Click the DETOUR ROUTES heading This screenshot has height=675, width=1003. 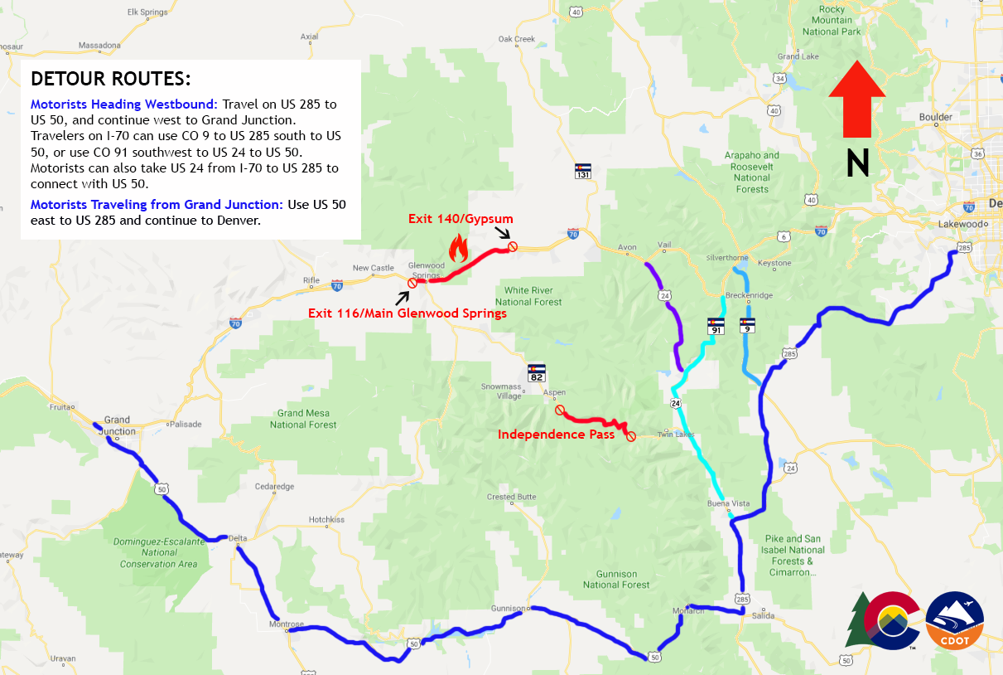pyautogui.click(x=110, y=80)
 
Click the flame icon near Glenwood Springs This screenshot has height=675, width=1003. pyautogui.click(x=458, y=246)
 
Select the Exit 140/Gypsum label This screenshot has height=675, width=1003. pyautogui.click(x=461, y=219)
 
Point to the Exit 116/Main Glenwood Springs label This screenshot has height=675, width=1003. pyautogui.click(x=407, y=313)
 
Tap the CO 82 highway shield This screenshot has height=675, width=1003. pyautogui.click(x=537, y=372)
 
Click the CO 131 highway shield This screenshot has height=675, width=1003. pyautogui.click(x=584, y=171)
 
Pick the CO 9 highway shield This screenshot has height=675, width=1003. pyautogui.click(x=748, y=325)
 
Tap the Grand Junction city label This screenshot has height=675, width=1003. pyautogui.click(x=117, y=425)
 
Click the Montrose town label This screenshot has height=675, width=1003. pyautogui.click(x=287, y=624)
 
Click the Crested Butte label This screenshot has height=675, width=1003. pyautogui.click(x=513, y=497)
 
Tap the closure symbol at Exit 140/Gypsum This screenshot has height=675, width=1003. pyautogui.click(x=513, y=246)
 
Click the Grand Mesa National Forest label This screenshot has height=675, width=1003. pyautogui.click(x=303, y=419)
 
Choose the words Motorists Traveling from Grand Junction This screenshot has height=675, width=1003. pyautogui.click(x=157, y=204)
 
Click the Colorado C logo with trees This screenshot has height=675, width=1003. pyautogui.click(x=883, y=620)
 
